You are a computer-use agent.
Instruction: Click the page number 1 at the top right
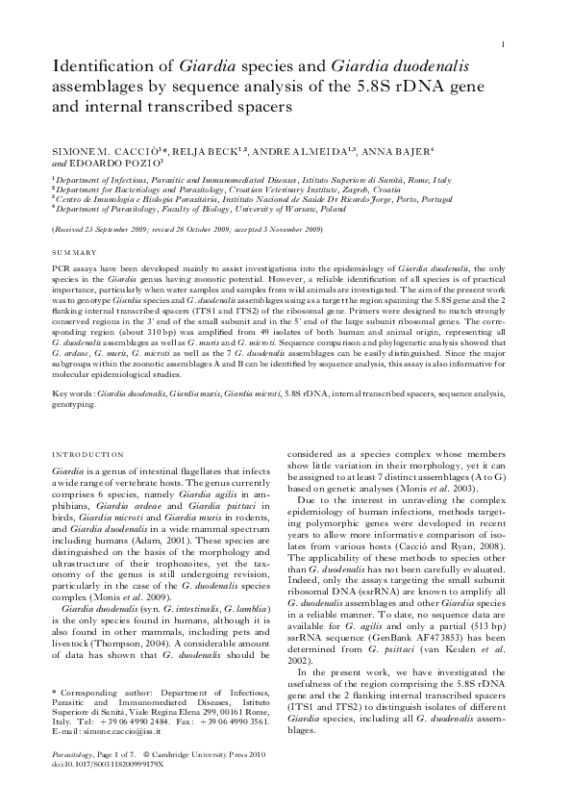point(503,45)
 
